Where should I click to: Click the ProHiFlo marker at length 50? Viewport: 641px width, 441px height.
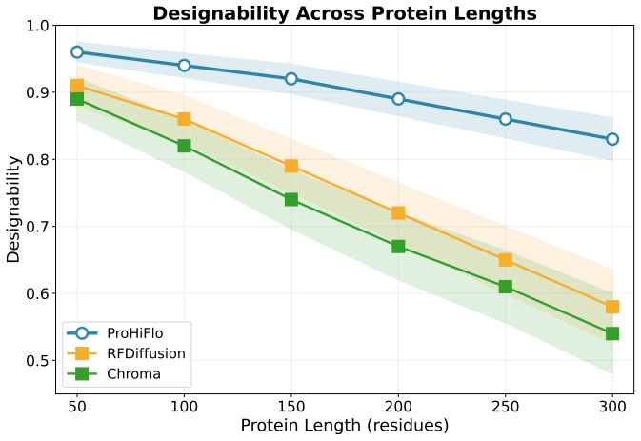[x=77, y=52]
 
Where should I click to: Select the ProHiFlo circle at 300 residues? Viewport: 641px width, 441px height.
[x=612, y=139]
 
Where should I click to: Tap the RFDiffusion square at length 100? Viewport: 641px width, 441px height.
[x=184, y=119]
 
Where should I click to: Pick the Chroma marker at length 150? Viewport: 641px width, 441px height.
[x=291, y=199]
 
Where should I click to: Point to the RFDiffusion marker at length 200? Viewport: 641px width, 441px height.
[x=398, y=213]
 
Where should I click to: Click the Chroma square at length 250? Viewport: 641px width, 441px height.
[x=506, y=287]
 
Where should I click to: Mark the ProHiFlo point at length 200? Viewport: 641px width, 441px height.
[x=398, y=99]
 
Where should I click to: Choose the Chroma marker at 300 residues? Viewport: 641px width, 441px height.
[x=612, y=333]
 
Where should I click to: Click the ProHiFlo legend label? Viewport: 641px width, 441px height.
[x=135, y=333]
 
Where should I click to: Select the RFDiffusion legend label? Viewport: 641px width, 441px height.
[x=146, y=353]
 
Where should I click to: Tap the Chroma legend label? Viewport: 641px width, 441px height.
[x=133, y=374]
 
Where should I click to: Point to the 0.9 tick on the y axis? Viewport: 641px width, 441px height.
[x=37, y=92]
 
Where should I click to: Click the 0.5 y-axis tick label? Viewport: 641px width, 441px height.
[x=37, y=361]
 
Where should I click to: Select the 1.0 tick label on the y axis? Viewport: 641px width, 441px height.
[x=37, y=26]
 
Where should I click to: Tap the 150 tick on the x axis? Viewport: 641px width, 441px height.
[x=291, y=407]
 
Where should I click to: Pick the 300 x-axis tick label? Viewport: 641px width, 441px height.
[x=612, y=407]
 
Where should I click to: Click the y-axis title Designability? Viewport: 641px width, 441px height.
[x=12, y=210]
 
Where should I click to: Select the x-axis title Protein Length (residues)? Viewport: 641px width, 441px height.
[x=345, y=426]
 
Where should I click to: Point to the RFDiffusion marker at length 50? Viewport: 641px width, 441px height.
[x=77, y=86]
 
